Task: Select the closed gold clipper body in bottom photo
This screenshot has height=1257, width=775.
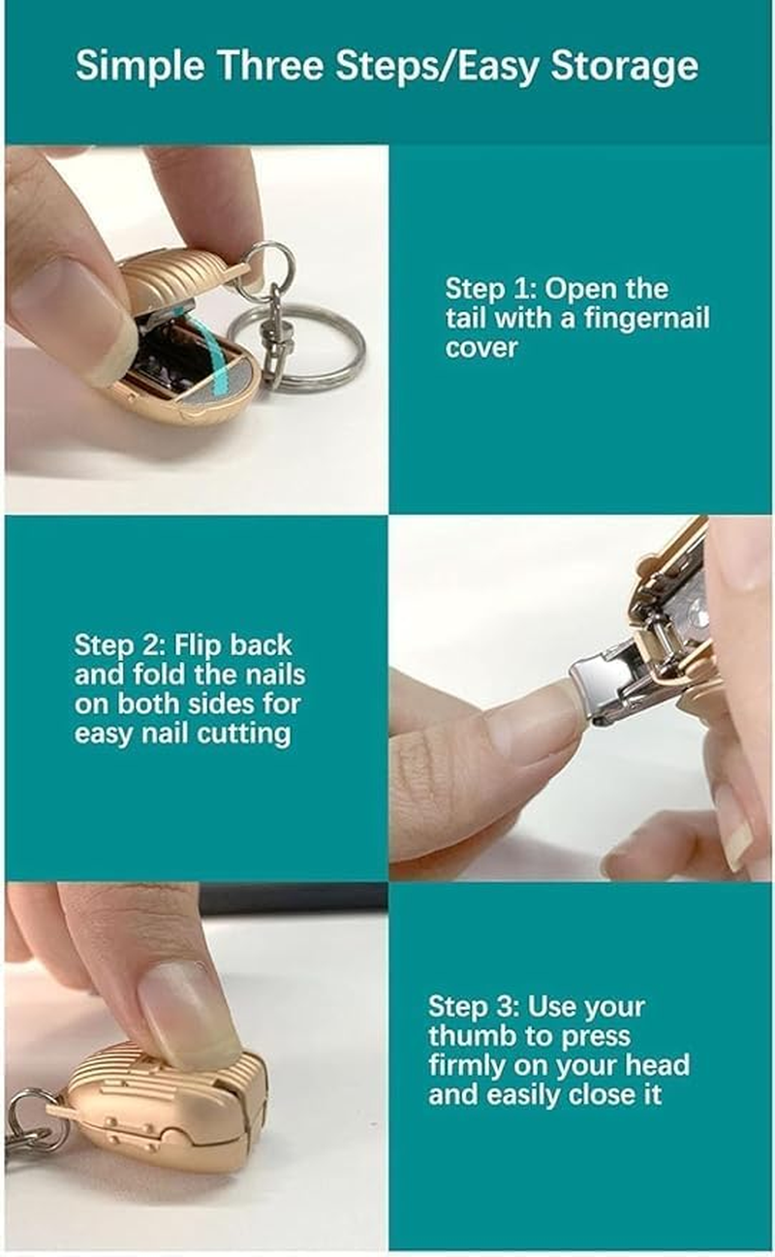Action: click(165, 1105)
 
